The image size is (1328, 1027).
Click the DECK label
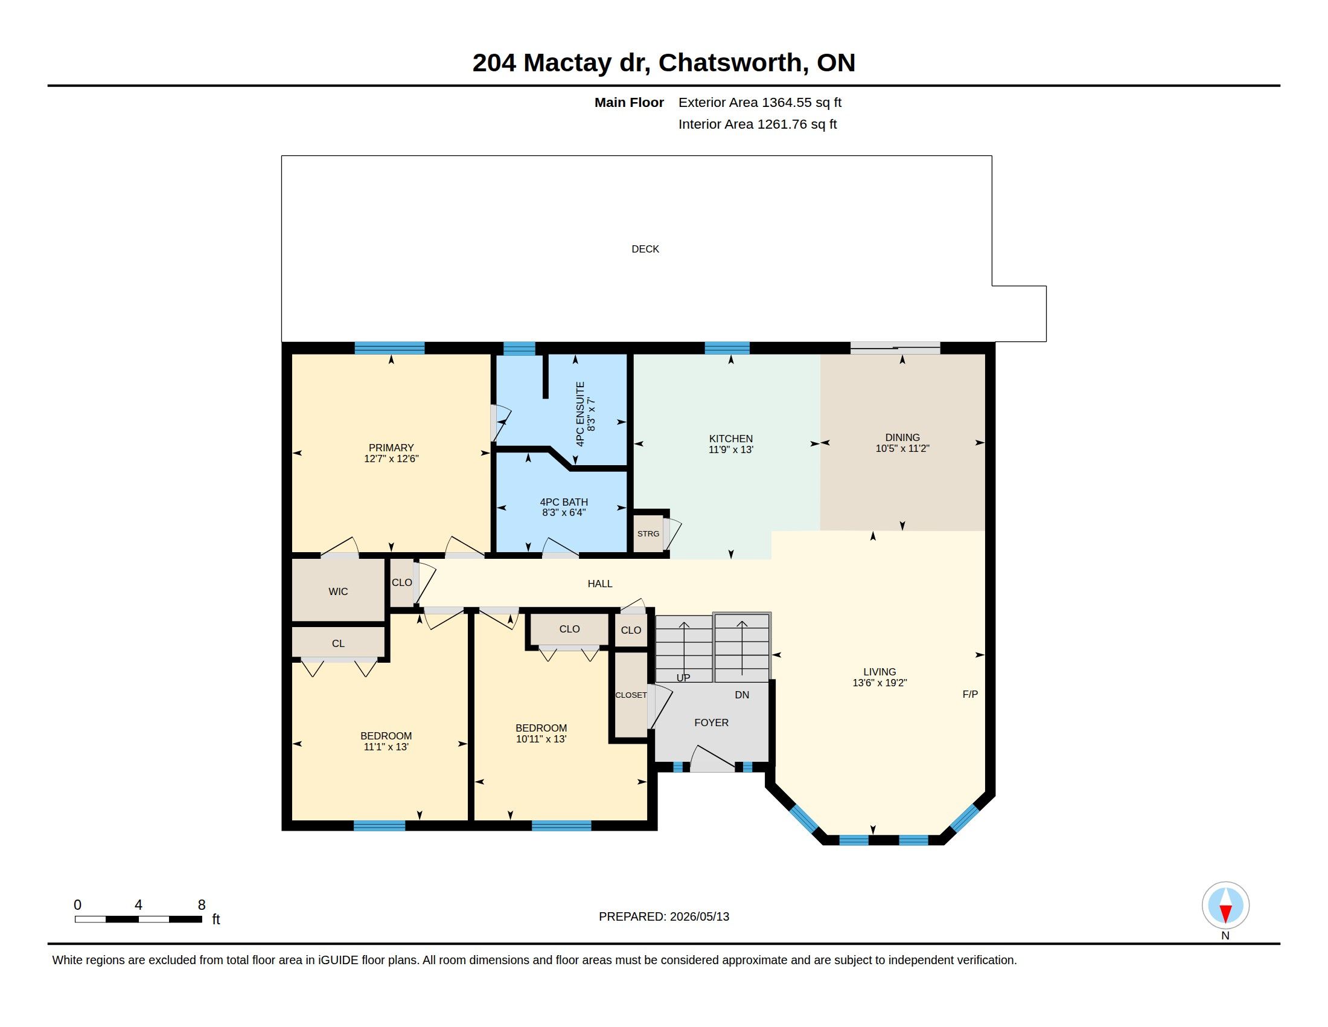pos(645,249)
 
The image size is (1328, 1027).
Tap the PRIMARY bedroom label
pos(391,448)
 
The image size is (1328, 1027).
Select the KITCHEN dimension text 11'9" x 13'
pos(731,449)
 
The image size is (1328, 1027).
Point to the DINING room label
pos(902,437)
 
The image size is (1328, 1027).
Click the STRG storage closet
pos(648,533)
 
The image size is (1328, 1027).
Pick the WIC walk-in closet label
pos(338,591)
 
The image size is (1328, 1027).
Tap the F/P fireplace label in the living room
pos(971,694)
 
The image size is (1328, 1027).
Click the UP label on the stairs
pos(683,678)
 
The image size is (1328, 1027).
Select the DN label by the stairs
pos(742,695)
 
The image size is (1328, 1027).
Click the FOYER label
pos(712,723)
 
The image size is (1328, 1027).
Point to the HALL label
pos(600,584)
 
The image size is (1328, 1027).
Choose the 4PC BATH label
pos(564,502)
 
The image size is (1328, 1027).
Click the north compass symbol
pos(1226,906)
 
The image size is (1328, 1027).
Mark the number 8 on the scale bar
pos(202,905)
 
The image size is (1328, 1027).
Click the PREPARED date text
pos(664,916)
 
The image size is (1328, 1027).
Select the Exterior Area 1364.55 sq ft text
pos(760,102)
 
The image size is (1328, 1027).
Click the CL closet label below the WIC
pos(338,643)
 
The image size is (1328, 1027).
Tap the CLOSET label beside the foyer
pos(631,695)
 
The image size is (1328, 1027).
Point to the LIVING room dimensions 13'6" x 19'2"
pos(879,683)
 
